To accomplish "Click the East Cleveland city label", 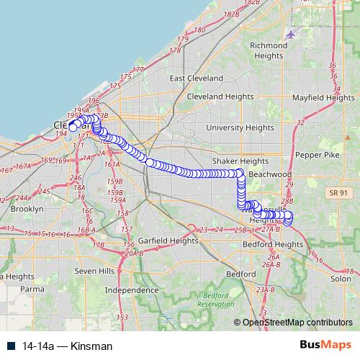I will click(197, 78).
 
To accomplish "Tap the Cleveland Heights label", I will click(216, 96).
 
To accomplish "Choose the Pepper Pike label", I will click(317, 155).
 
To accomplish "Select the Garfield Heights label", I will click(168, 241).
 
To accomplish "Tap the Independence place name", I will click(132, 289).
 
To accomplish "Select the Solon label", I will click(341, 279).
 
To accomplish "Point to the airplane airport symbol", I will click(290, 34).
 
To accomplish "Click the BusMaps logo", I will click(320, 346).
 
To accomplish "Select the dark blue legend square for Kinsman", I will click(12, 346).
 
